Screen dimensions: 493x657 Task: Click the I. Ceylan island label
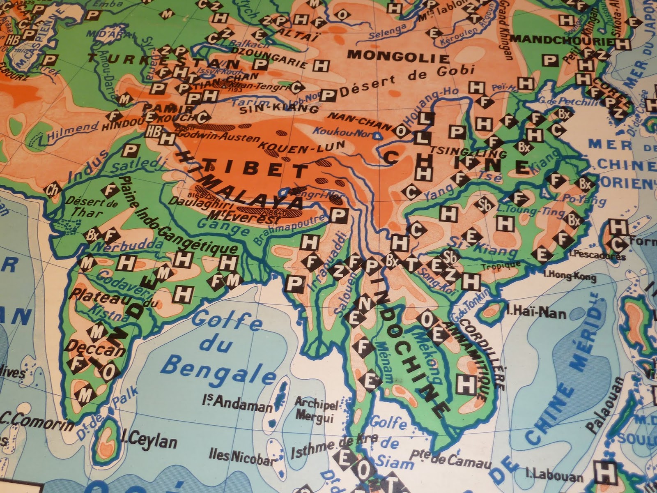[x=150, y=441]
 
